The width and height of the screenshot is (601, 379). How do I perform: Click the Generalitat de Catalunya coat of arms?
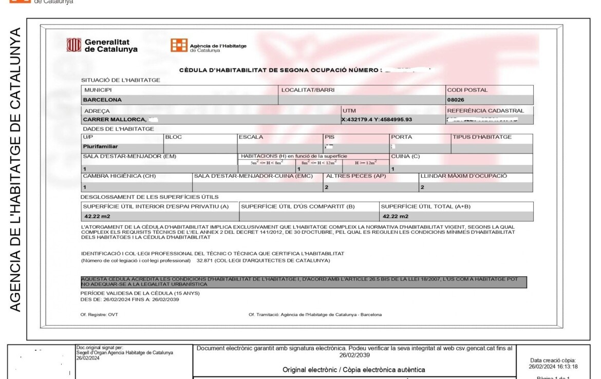[x=73, y=45]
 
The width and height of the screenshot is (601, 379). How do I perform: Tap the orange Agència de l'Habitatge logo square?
[x=179, y=46]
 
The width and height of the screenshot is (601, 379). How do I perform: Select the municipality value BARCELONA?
[x=102, y=100]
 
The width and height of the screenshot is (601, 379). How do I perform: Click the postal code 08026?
[x=456, y=100]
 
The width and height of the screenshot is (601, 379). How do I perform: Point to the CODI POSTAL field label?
[x=467, y=90]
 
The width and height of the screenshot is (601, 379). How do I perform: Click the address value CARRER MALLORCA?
[x=115, y=120]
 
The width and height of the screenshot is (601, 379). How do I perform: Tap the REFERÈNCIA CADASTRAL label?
[x=485, y=110]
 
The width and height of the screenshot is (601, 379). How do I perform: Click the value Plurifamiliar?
[x=100, y=146]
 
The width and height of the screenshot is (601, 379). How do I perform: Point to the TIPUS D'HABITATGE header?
[x=482, y=137]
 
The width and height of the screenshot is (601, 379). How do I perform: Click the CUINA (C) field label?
[x=405, y=156]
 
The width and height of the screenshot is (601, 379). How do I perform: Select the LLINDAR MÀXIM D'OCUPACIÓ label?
[x=463, y=176]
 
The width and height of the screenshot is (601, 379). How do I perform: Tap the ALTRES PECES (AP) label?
[x=348, y=176]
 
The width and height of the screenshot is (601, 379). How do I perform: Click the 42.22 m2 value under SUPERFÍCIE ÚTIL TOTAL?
[x=396, y=216]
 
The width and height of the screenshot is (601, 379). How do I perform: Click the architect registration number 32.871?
[x=205, y=260]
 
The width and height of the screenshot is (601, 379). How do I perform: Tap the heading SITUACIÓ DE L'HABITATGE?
[x=121, y=80]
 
